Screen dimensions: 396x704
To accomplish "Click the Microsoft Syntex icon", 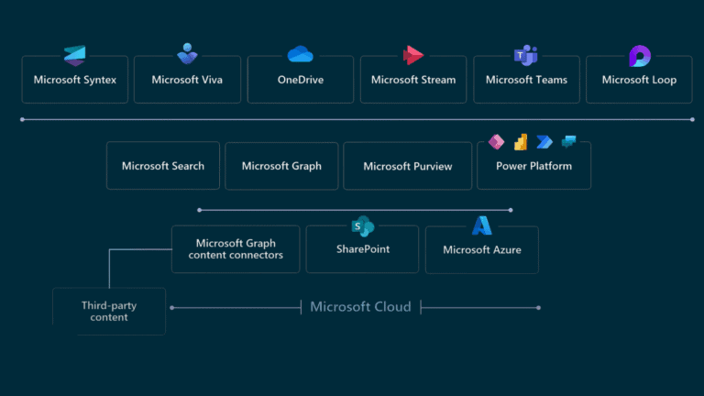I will (x=74, y=54).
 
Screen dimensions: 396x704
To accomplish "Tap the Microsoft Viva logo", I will (x=188, y=53).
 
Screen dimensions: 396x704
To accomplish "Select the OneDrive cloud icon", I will (x=301, y=54).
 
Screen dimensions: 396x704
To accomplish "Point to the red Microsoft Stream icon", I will (x=413, y=55).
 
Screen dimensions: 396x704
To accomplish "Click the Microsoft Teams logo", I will (x=526, y=55).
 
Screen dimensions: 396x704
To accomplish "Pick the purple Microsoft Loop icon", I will (x=640, y=56).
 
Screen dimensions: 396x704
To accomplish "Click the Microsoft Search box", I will (x=163, y=166).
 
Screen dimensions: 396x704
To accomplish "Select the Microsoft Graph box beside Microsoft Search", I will (x=281, y=166).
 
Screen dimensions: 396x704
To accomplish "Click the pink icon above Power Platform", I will (x=497, y=142).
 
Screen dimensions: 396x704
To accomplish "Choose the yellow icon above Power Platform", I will (x=521, y=142).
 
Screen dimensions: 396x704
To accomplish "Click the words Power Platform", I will (x=533, y=166).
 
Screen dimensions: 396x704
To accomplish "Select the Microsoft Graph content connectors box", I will (x=236, y=249).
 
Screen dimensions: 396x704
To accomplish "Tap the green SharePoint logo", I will (x=362, y=225).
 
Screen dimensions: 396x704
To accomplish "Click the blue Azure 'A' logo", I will (x=482, y=225).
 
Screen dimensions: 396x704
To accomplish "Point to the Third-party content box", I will (x=109, y=312).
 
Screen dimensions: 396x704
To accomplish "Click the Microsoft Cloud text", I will (x=360, y=306).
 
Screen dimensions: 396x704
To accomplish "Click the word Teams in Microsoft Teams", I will (x=551, y=80).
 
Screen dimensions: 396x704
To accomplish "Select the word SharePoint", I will (x=362, y=249).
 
